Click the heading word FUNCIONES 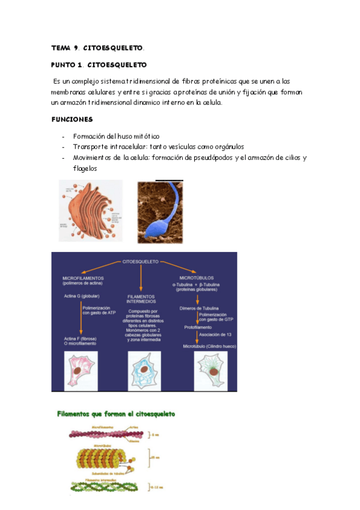[x=72, y=119]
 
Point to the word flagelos [x=85, y=168]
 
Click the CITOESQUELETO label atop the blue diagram [x=140, y=262]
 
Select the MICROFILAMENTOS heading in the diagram [x=84, y=278]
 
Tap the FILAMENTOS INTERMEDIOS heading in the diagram [x=141, y=300]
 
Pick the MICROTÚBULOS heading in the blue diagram [x=197, y=278]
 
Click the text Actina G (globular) [x=82, y=296]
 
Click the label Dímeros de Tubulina [x=200, y=307]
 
